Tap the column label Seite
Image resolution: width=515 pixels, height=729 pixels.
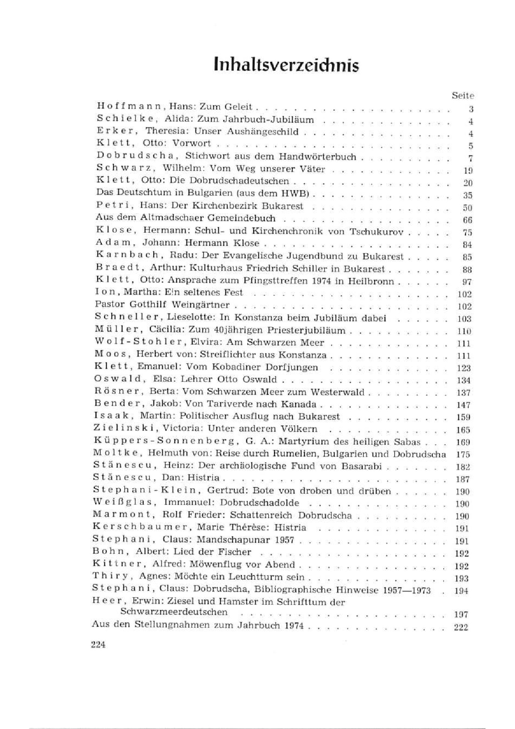(x=462, y=95)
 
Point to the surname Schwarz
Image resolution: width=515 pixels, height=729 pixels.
(x=126, y=168)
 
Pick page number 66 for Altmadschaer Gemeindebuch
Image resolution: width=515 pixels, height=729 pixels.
(x=467, y=220)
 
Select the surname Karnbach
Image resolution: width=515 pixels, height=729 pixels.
(x=128, y=256)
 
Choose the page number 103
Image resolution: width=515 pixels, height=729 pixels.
(x=464, y=319)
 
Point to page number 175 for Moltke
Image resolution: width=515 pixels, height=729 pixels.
(x=463, y=454)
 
